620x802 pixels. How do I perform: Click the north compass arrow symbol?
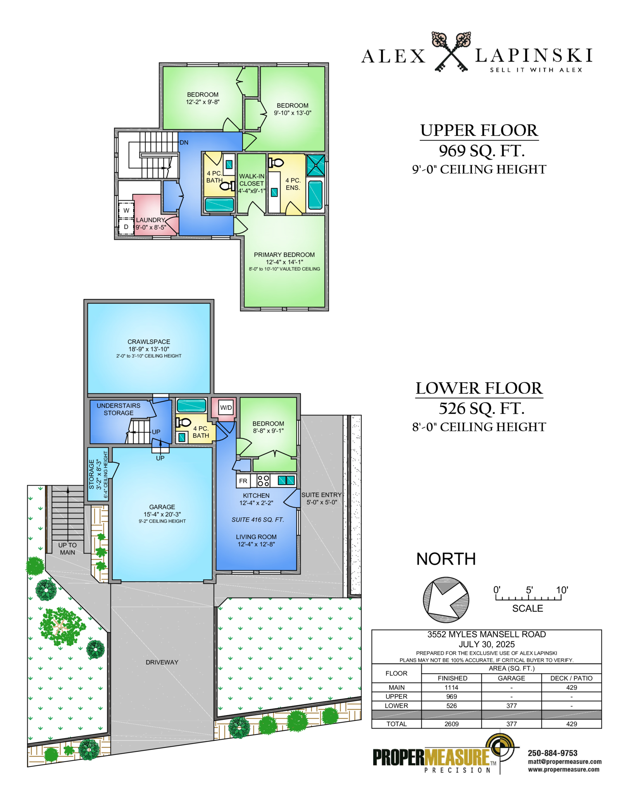coord(446,599)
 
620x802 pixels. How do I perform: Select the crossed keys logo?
coord(451,52)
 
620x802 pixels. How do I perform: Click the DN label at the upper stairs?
coord(184,143)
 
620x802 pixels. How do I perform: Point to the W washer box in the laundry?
coord(126,210)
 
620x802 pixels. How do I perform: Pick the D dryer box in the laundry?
coord(126,227)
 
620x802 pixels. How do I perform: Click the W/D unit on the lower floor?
coord(226,407)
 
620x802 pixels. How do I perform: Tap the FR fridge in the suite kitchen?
coord(243,481)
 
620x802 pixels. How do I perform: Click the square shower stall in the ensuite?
coord(315,165)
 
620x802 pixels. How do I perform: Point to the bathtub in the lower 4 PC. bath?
coord(191,405)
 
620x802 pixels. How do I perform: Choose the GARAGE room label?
coord(162,507)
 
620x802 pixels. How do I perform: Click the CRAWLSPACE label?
coord(149,342)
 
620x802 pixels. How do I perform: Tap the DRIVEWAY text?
coord(162,662)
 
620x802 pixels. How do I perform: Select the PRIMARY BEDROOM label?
coord(284,255)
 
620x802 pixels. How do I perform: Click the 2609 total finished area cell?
coord(451,724)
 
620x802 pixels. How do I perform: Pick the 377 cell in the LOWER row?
coord(511,706)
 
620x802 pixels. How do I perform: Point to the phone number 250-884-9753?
coord(553,753)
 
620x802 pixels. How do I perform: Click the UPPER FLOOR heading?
coord(479,131)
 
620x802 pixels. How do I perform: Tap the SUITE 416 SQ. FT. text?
coord(258,520)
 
